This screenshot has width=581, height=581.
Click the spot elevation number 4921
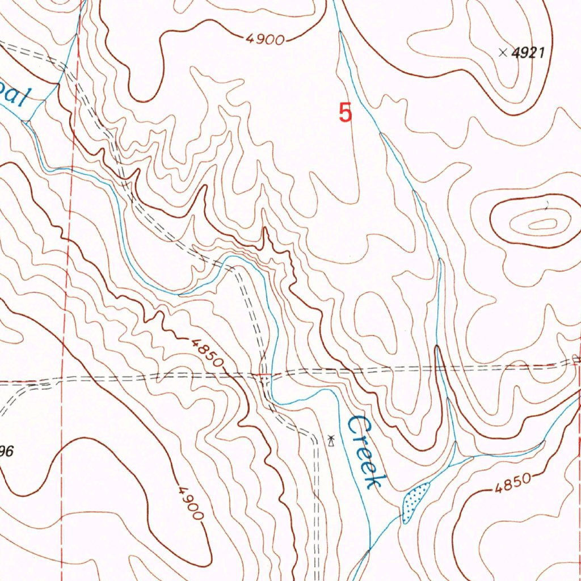[528, 53]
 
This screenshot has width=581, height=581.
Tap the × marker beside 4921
[502, 53]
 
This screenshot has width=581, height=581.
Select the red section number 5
[345, 112]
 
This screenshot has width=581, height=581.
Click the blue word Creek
[367, 452]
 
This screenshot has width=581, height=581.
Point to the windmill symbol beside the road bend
[331, 440]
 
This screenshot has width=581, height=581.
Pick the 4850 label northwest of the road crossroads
[206, 352]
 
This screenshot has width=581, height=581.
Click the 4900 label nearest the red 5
[265, 39]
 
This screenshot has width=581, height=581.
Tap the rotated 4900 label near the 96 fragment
[190, 503]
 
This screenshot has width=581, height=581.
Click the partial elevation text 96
[6, 452]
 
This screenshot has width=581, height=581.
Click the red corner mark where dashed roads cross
[264, 375]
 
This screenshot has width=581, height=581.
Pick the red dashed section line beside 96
[62, 454]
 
